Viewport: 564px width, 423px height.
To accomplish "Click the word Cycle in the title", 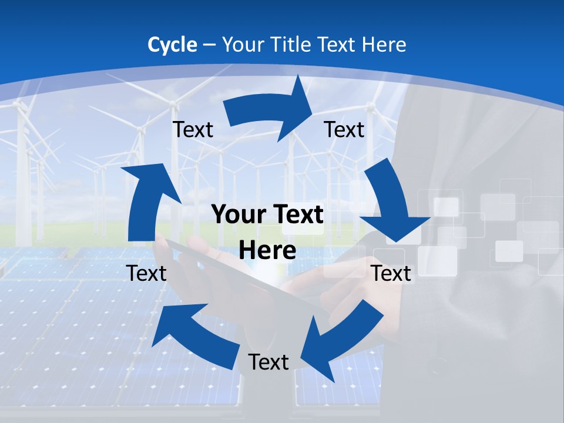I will pos(172,45).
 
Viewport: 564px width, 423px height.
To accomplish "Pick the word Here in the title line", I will pos(385,45).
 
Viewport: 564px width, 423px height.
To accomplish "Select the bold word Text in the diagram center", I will pos(297,215).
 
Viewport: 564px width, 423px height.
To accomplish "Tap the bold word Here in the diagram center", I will pos(267,251).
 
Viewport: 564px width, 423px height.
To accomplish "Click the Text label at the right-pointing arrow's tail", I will pos(193,129).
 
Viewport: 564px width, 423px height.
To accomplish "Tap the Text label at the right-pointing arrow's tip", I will pos(344,129).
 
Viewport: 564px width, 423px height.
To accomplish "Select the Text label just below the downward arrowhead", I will pos(391,273).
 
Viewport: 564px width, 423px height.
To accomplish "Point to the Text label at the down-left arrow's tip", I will pos(268,362).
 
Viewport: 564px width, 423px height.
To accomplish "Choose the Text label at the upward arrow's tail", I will pos(147,273).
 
